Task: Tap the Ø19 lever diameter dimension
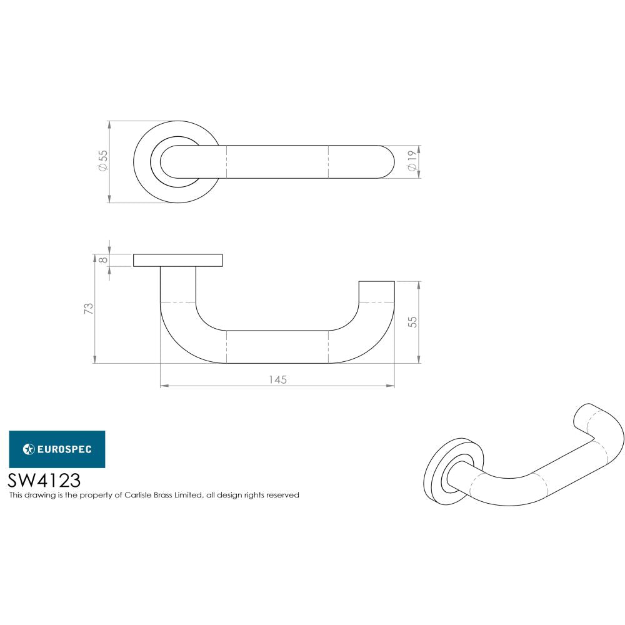click(412, 162)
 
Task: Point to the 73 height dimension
click(89, 308)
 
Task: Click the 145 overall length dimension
click(278, 379)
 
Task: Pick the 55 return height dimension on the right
click(412, 322)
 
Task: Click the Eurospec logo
click(56, 449)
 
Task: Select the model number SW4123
click(44, 480)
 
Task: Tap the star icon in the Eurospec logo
click(28, 449)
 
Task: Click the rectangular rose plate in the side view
click(178, 260)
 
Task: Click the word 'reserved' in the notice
click(284, 495)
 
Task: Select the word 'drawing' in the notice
click(36, 495)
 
